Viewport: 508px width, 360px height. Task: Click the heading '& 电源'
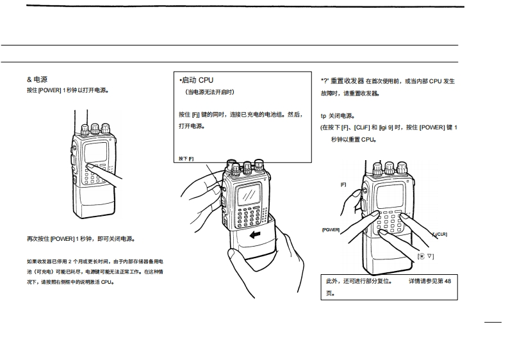[x=37, y=79]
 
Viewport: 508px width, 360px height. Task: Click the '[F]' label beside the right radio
[x=343, y=184]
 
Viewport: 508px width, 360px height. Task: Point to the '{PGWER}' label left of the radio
[x=331, y=229]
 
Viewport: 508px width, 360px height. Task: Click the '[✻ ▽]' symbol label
[x=426, y=256]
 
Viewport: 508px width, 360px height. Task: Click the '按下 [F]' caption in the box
[x=186, y=158]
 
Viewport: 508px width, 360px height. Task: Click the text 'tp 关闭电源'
[x=337, y=116]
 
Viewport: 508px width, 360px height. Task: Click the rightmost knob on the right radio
[x=402, y=168]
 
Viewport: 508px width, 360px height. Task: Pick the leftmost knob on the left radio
[x=85, y=128]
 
